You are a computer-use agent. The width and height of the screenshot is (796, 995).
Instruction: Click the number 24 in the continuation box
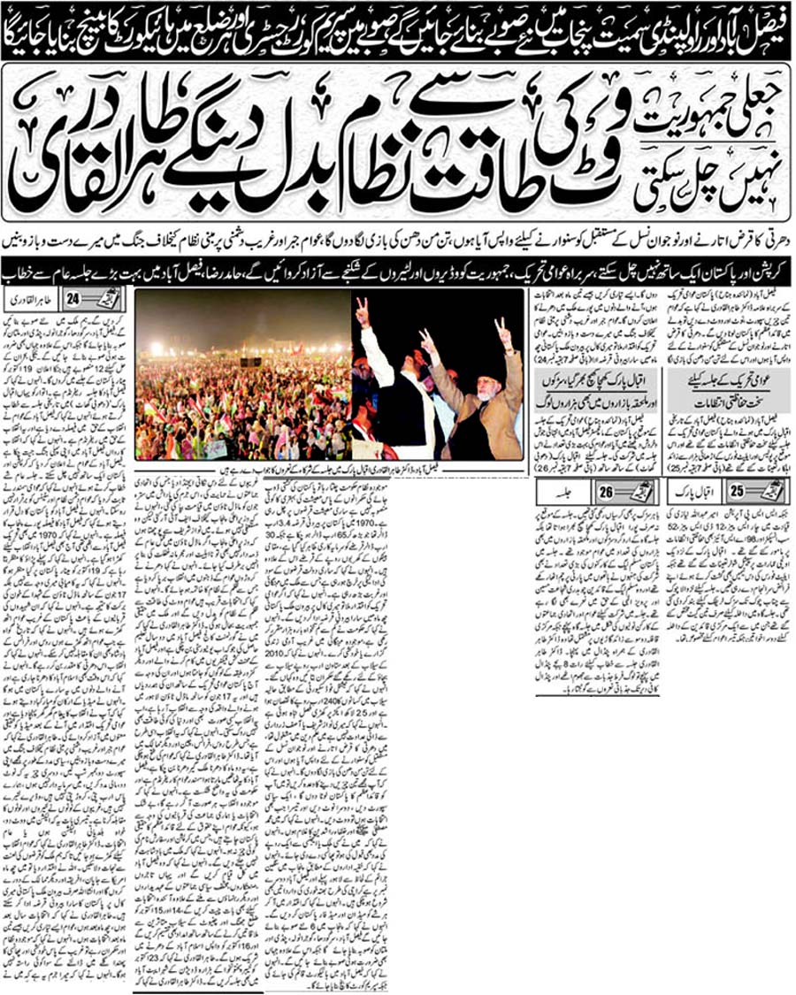[73, 299]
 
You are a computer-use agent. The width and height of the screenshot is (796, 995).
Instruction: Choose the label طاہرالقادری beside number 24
[29, 299]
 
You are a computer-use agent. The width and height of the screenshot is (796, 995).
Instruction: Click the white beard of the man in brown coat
[488, 383]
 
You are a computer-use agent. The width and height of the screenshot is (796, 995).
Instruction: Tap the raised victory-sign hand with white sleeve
[362, 311]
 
